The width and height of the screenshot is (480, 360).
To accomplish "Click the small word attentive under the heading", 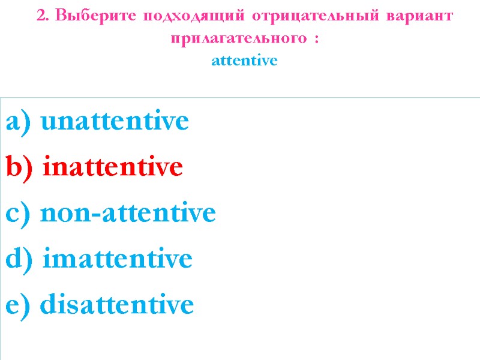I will pos(245,61).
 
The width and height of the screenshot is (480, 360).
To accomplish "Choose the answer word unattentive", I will pos(115,121).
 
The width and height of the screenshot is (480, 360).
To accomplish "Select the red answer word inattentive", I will pos(112,167).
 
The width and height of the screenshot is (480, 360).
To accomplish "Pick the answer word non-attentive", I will pos(128,214).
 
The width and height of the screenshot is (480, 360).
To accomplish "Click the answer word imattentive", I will pos(118,259).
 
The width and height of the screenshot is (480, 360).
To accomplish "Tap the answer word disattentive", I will pos(117,305).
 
